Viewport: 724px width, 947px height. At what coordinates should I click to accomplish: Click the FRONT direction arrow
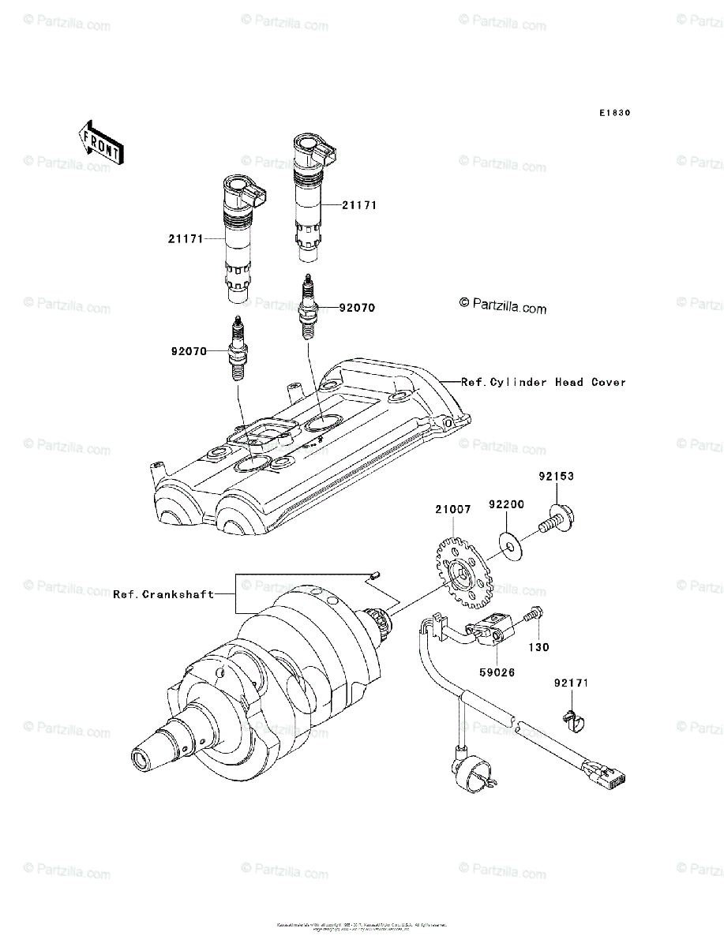point(99,141)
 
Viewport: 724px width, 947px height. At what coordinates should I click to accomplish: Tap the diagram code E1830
point(613,113)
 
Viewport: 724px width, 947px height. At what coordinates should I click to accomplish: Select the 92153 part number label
point(556,477)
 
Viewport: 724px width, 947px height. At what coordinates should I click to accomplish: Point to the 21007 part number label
point(452,510)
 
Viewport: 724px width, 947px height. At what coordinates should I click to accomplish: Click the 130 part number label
point(539,647)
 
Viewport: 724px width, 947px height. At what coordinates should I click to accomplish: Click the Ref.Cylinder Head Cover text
point(543,382)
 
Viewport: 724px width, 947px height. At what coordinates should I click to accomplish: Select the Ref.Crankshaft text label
point(163,594)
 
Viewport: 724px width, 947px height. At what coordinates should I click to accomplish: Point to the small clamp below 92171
point(573,720)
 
